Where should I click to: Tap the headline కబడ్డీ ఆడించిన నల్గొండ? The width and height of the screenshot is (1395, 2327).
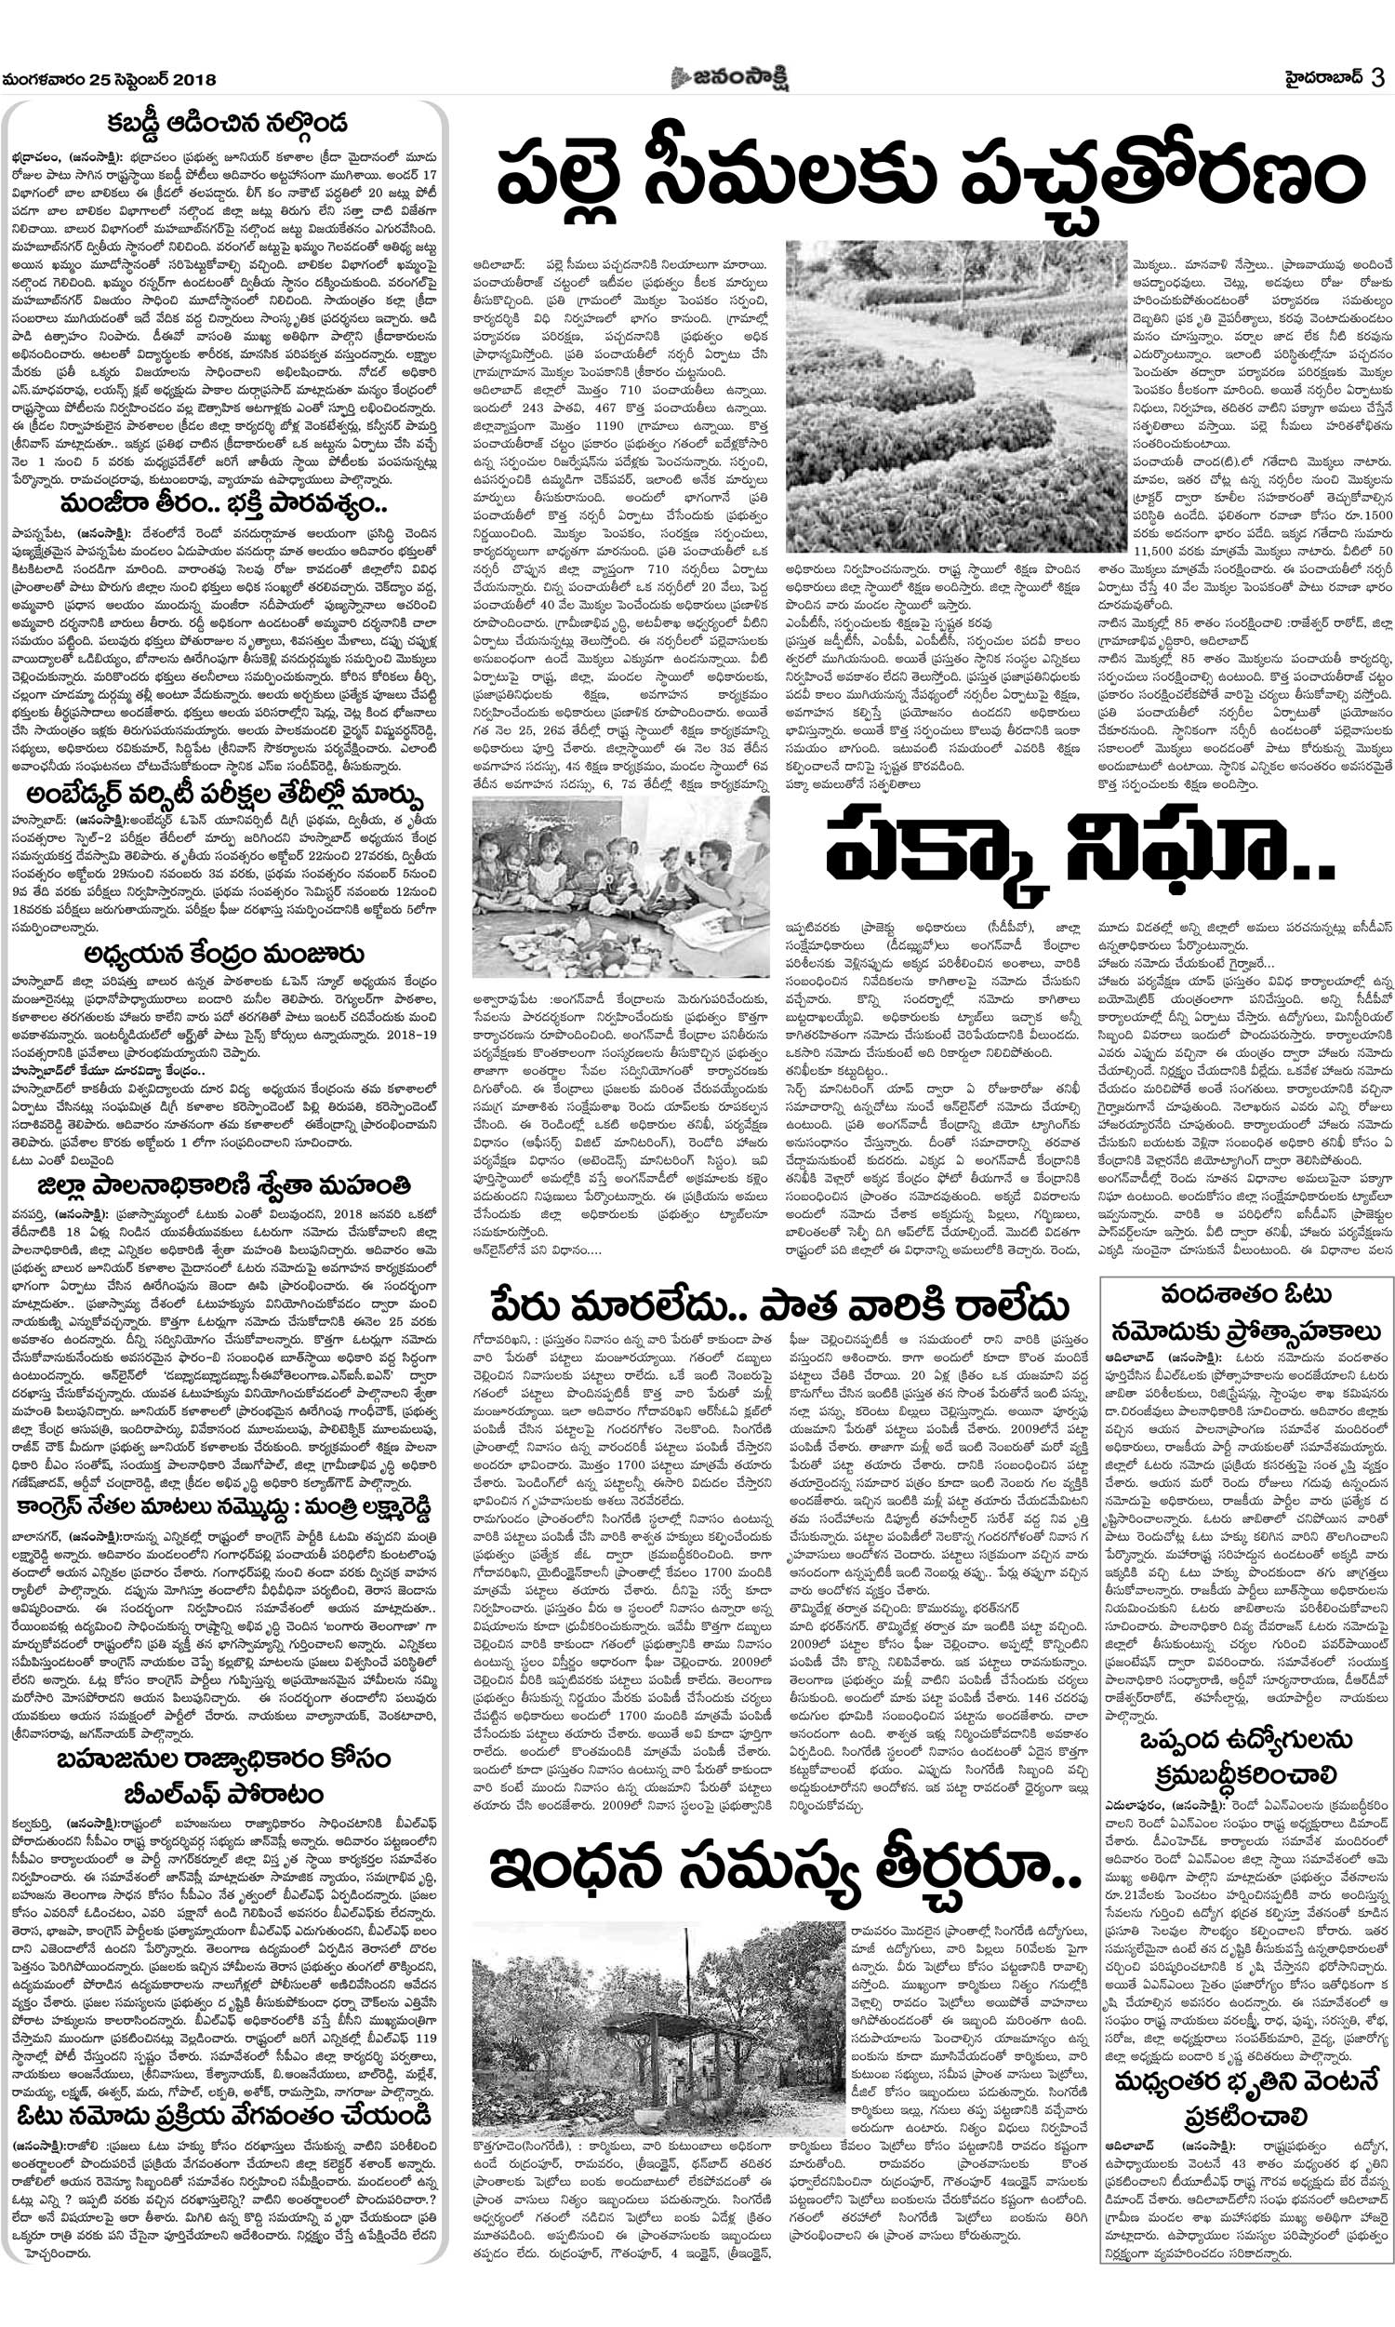pyautogui.click(x=226, y=122)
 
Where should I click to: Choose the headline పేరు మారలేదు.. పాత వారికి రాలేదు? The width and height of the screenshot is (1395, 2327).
pyautogui.click(x=779, y=1306)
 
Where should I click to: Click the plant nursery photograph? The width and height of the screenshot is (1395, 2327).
pyautogui.click(x=956, y=395)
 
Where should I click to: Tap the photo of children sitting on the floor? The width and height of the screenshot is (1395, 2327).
pyautogui.click(x=620, y=886)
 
